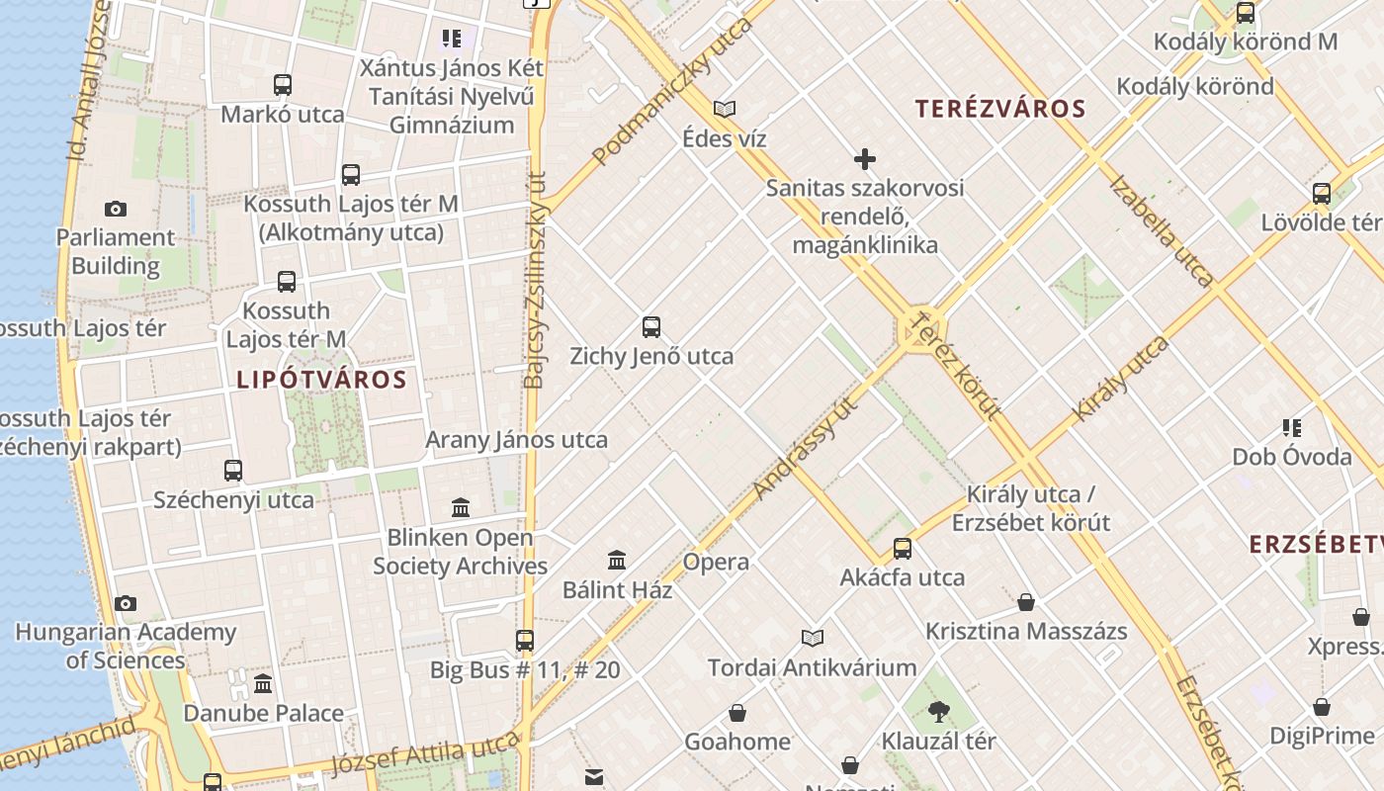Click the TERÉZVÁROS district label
1000,109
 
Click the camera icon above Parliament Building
116,209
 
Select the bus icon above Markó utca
283,85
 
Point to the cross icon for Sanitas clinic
865,159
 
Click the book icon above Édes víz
725,109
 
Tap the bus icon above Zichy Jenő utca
651,326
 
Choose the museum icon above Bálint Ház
617,561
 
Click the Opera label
716,563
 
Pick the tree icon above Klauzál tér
938,711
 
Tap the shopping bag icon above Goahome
737,713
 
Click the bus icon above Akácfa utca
903,548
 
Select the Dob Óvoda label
1291,457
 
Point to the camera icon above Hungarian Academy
126,603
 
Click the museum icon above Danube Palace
263,683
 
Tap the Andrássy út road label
806,447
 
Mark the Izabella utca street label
1161,231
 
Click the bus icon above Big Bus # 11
525,640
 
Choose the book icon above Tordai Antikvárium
813,639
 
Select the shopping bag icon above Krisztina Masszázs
1026,601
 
